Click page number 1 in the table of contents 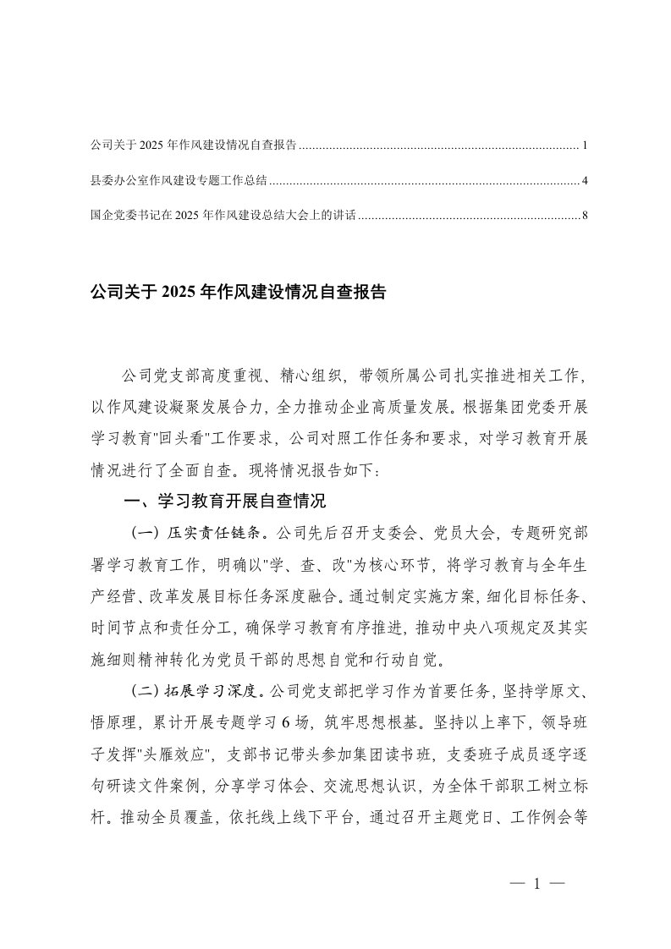point(586,146)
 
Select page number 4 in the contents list point(586,181)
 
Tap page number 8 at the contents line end point(586,216)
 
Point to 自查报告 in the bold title point(356,293)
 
